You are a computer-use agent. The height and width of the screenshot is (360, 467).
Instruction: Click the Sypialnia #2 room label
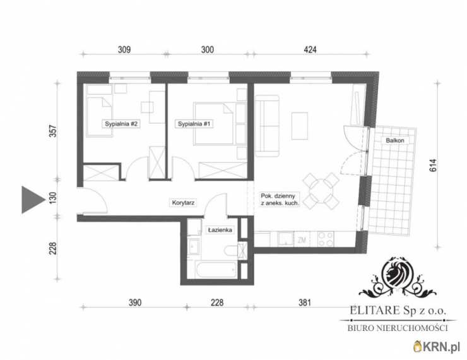tap(121, 124)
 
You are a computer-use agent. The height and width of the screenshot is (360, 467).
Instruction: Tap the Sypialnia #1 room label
tap(194, 124)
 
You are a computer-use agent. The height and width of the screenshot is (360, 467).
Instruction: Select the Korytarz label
tap(183, 203)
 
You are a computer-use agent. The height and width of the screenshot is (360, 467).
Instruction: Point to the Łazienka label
tap(220, 230)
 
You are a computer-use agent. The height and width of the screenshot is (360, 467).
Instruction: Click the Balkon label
tap(395, 140)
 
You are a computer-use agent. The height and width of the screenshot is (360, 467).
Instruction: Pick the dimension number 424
tap(310, 49)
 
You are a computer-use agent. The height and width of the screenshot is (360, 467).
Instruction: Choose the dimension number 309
tap(124, 49)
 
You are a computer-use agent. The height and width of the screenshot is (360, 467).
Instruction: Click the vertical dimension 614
tap(433, 165)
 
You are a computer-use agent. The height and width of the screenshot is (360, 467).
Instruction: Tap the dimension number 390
tap(135, 303)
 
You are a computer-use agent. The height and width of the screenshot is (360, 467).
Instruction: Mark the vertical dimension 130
tap(52, 198)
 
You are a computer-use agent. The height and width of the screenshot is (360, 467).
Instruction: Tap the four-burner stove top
tap(326, 239)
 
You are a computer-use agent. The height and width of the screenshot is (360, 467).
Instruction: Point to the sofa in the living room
tap(267, 126)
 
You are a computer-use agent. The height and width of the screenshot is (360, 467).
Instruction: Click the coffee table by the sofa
tap(300, 126)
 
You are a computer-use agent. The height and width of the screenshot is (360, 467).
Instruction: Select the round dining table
tap(321, 191)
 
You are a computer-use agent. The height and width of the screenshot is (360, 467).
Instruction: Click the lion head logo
tap(398, 273)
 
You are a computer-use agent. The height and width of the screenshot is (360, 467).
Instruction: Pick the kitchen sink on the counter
tap(286, 239)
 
